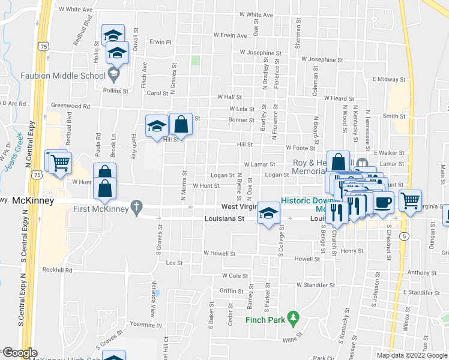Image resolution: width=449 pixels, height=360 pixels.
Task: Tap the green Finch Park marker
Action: (293, 316)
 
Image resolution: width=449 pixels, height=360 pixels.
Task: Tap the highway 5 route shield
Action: (406, 237)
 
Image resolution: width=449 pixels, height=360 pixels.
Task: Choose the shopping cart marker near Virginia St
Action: (411, 201)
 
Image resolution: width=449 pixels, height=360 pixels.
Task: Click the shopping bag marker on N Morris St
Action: (181, 125)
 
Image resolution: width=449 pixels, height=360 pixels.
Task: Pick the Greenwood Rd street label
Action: (70, 106)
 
